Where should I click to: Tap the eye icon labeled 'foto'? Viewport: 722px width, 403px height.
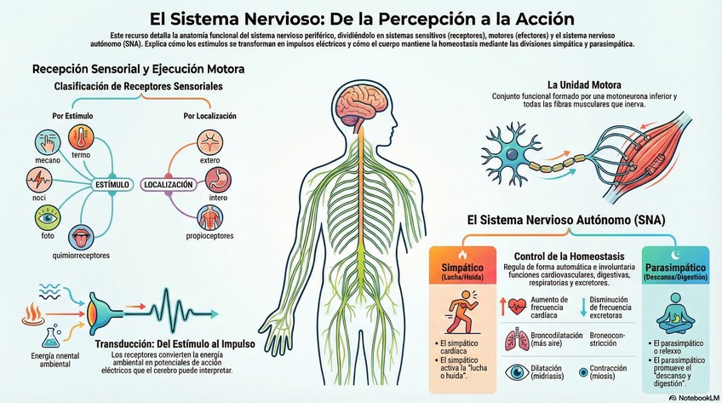[x=47, y=219]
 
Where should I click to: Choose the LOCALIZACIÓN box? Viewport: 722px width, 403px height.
[x=169, y=184]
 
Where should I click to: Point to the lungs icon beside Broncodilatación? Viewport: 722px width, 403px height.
[x=517, y=338]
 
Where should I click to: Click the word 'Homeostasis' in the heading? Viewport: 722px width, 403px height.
[x=595, y=256]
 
